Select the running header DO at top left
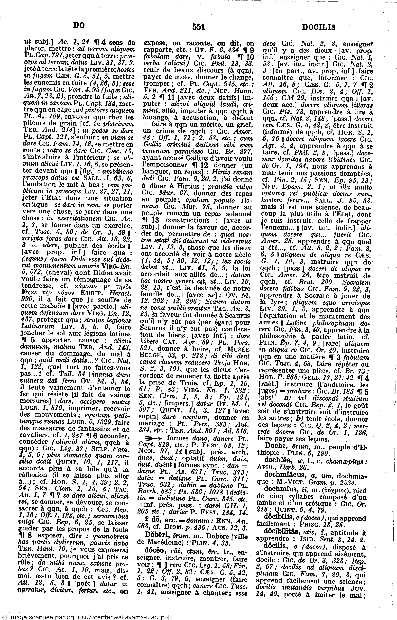pyautogui.click(x=79, y=25)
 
